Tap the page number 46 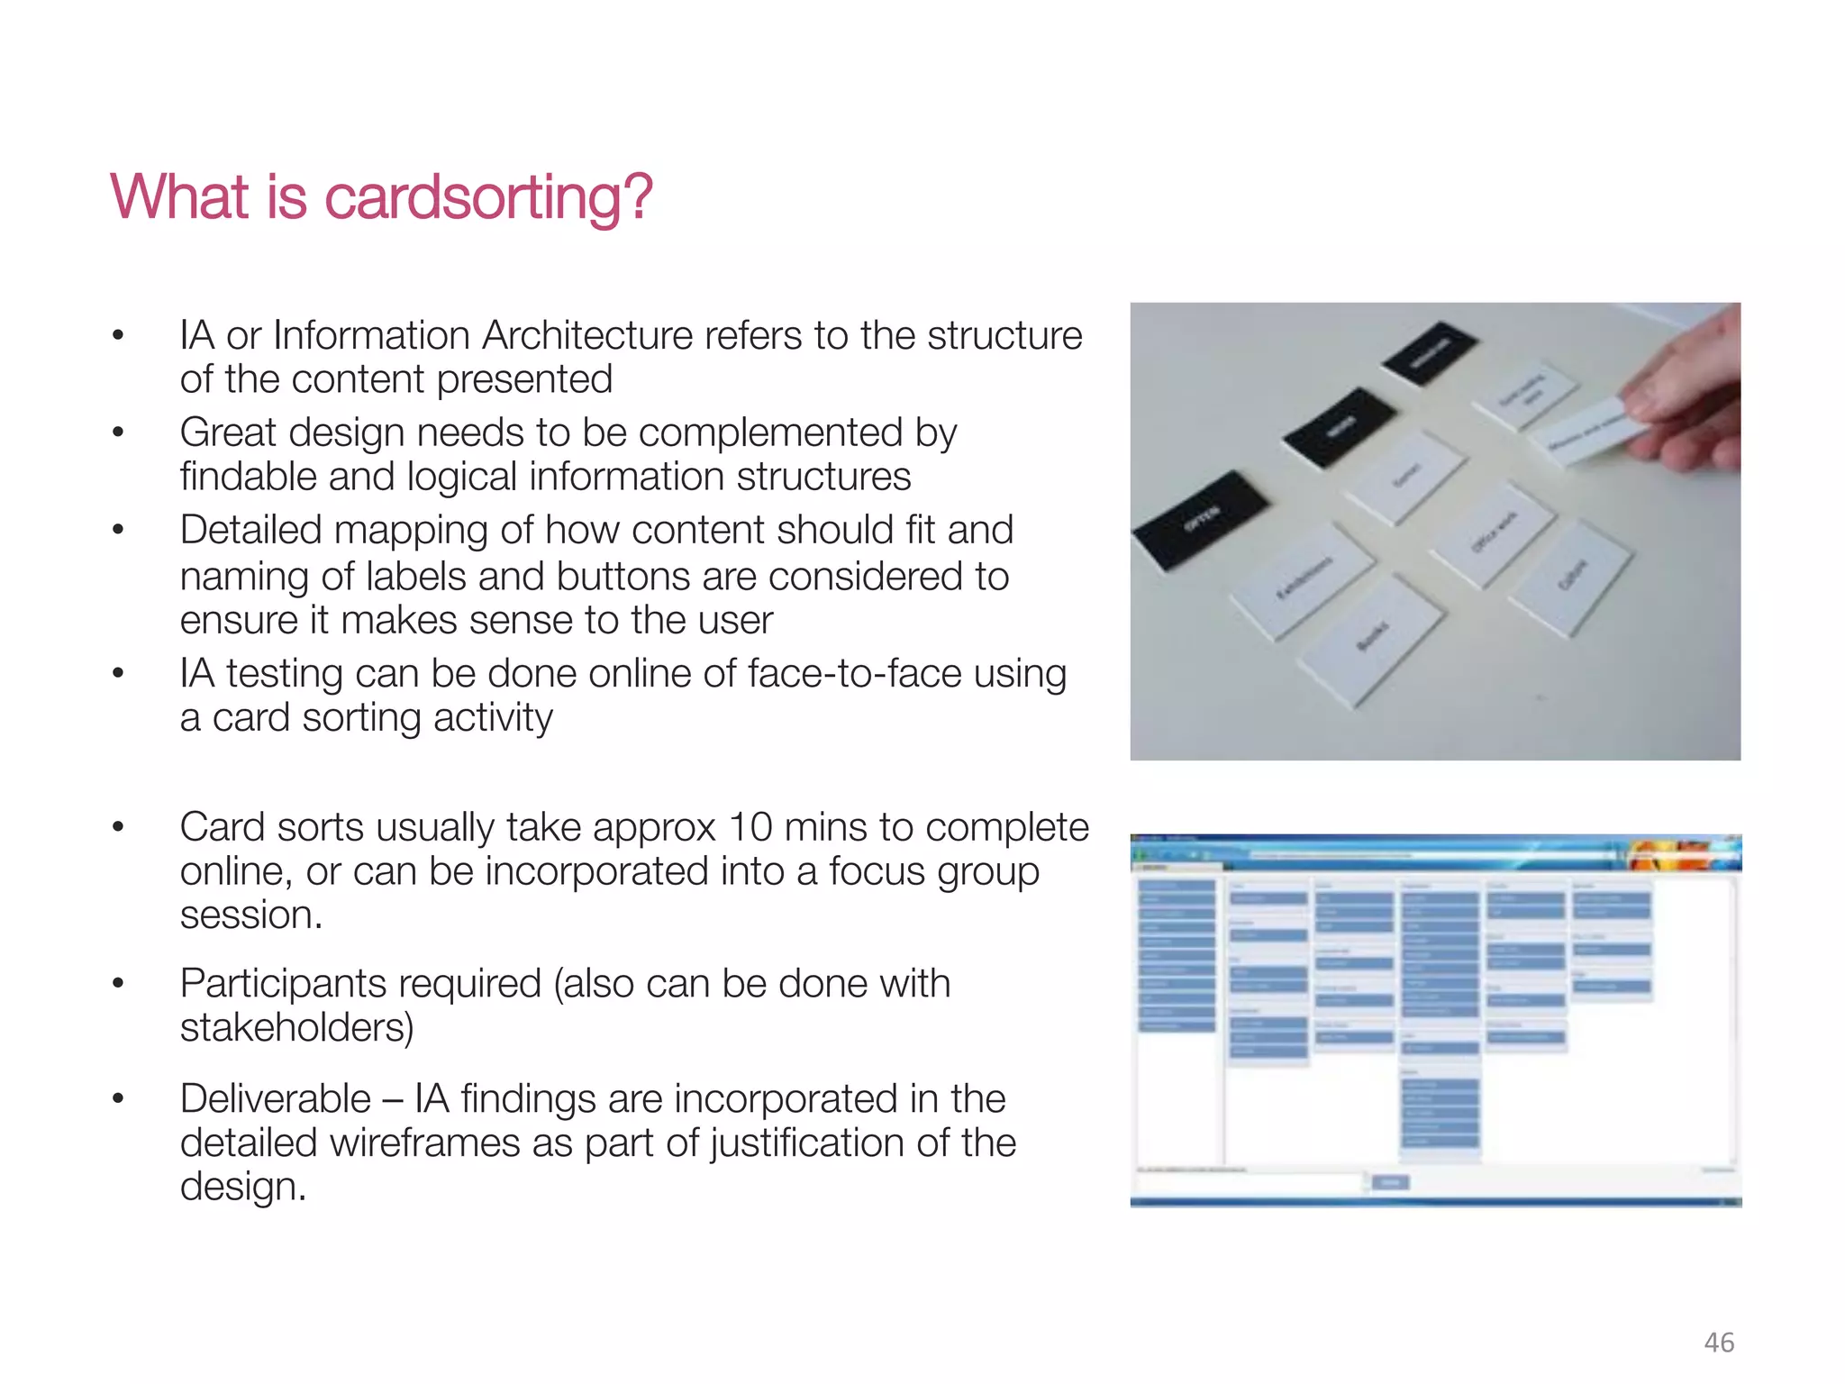[x=1719, y=1343]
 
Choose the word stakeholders [x=296, y=1027]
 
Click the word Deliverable [x=275, y=1099]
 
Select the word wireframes [x=424, y=1143]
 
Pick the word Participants [x=360, y=984]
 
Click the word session [x=250, y=915]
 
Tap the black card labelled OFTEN [x=1201, y=520]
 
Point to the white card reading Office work [x=1492, y=533]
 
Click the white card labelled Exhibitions [x=1304, y=580]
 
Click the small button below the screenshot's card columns [x=1390, y=1182]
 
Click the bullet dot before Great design [x=117, y=433]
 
